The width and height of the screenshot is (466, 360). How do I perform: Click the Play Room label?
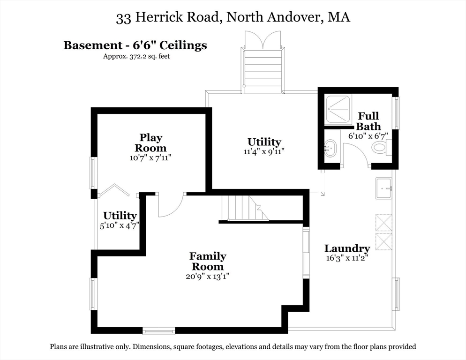(151, 142)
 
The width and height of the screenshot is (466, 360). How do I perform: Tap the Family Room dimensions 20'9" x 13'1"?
(207, 276)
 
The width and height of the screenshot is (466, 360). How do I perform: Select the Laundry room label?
(347, 248)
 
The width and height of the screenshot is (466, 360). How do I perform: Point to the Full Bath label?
(368, 121)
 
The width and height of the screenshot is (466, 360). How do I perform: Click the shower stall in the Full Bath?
(338, 109)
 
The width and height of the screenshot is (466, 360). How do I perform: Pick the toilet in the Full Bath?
(379, 148)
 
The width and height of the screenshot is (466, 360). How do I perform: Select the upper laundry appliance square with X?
(383, 223)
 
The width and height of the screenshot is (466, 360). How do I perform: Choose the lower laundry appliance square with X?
(383, 241)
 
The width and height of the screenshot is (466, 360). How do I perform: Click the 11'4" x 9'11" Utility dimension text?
(264, 151)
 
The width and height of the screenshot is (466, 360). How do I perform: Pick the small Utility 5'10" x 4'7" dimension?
(120, 225)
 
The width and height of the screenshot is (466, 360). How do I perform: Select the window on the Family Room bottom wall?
(159, 331)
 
